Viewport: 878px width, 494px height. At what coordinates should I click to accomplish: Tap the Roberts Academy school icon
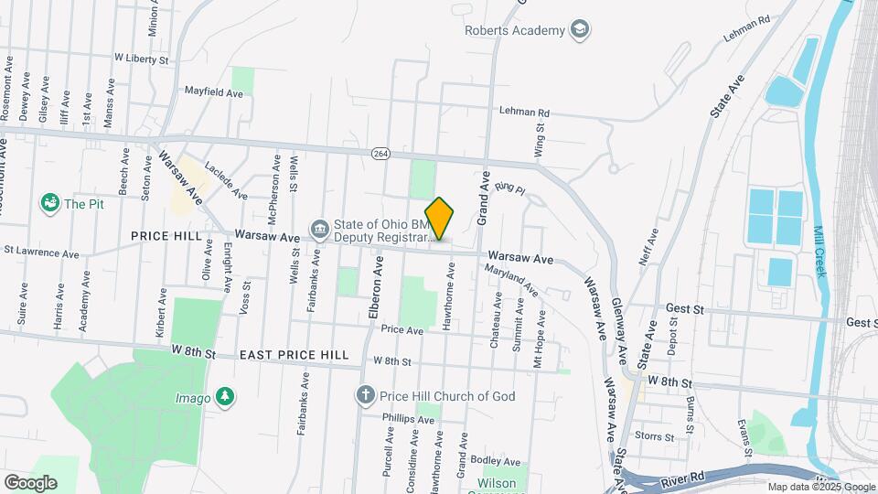click(578, 30)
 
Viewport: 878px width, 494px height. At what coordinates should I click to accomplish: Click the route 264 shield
click(380, 154)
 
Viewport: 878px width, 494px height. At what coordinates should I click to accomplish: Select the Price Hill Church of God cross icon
click(365, 396)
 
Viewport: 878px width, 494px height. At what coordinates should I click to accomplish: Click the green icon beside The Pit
click(49, 203)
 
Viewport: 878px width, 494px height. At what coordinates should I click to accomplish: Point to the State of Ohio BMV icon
click(318, 228)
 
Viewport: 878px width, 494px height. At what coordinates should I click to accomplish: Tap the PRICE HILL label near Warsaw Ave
click(166, 236)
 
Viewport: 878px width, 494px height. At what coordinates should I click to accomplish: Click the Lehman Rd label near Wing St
click(524, 113)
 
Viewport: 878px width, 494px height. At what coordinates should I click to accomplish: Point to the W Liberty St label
click(142, 58)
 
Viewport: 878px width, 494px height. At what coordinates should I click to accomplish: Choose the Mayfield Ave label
click(214, 92)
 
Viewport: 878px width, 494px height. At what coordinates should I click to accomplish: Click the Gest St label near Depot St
click(685, 310)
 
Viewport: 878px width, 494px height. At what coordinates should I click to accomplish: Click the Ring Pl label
click(510, 189)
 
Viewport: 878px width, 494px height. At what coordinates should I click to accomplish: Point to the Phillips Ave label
click(410, 419)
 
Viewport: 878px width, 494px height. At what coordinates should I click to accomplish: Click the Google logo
click(30, 482)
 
